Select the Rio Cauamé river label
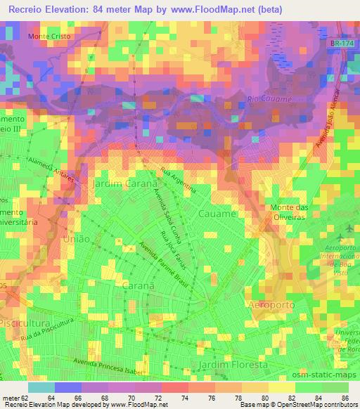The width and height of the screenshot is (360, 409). point(270,100)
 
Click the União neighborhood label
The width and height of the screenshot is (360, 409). point(77,239)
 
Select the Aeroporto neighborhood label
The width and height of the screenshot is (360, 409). point(275,304)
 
